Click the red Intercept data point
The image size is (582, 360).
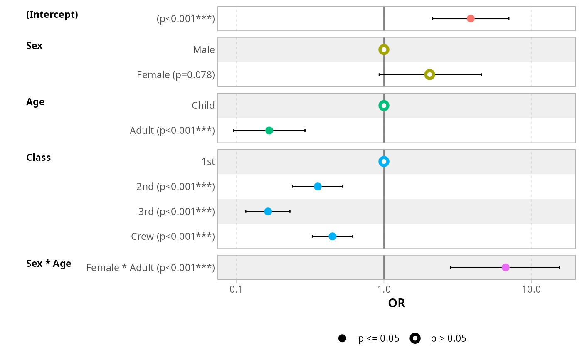(x=471, y=19)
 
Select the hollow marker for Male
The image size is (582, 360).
(x=384, y=50)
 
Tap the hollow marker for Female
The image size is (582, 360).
(x=429, y=75)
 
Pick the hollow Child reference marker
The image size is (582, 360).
(x=384, y=106)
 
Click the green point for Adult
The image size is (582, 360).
(x=269, y=131)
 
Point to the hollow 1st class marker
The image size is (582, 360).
(x=384, y=161)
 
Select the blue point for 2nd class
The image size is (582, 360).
(x=318, y=186)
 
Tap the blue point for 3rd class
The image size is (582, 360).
(x=268, y=211)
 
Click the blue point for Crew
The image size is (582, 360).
(x=333, y=236)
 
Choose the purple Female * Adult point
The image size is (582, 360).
(x=506, y=267)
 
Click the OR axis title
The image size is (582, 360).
(x=397, y=303)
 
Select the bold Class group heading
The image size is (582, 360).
(x=38, y=158)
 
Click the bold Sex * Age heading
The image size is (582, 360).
(x=49, y=264)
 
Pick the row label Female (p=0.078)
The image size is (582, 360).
(x=176, y=75)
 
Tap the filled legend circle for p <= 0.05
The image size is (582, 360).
(x=342, y=338)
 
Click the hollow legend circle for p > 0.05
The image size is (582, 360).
(x=415, y=338)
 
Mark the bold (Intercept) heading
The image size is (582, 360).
(x=52, y=15)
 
